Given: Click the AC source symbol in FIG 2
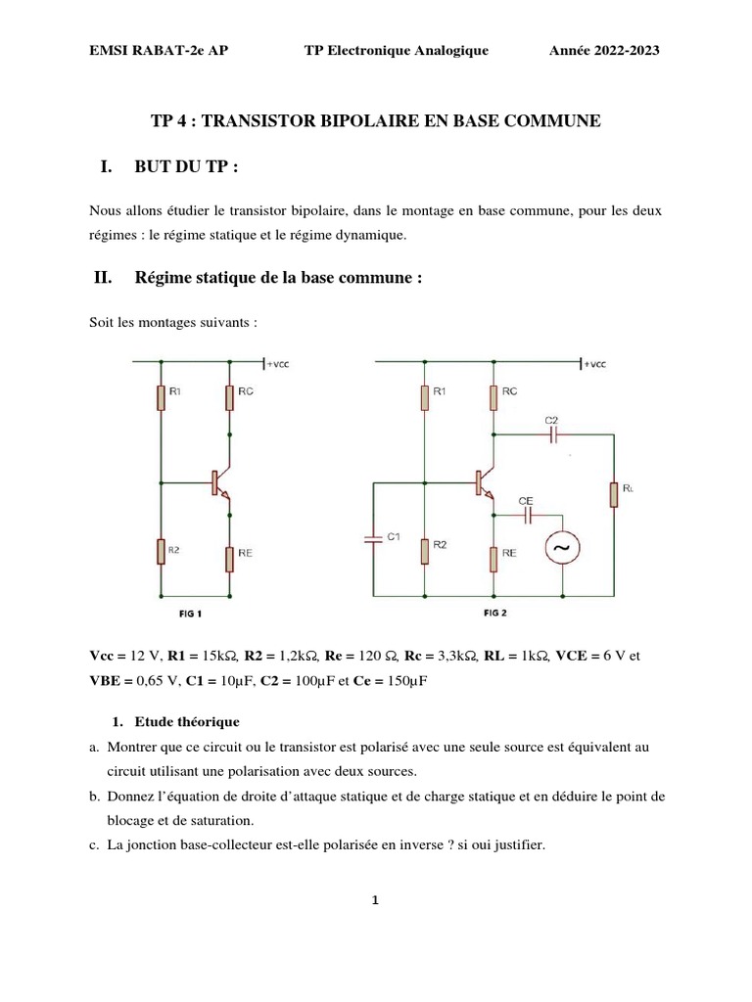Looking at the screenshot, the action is (562, 549).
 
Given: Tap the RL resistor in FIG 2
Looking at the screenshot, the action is (614, 494).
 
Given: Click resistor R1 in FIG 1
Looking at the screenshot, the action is (160, 396).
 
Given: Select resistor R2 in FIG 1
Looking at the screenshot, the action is (160, 551).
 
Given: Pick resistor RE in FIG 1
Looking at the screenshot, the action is (229, 559).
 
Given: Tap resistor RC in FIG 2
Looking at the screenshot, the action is (494, 396).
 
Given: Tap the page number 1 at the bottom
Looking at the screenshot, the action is (376, 902).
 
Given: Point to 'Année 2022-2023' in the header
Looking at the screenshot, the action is (604, 51).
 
